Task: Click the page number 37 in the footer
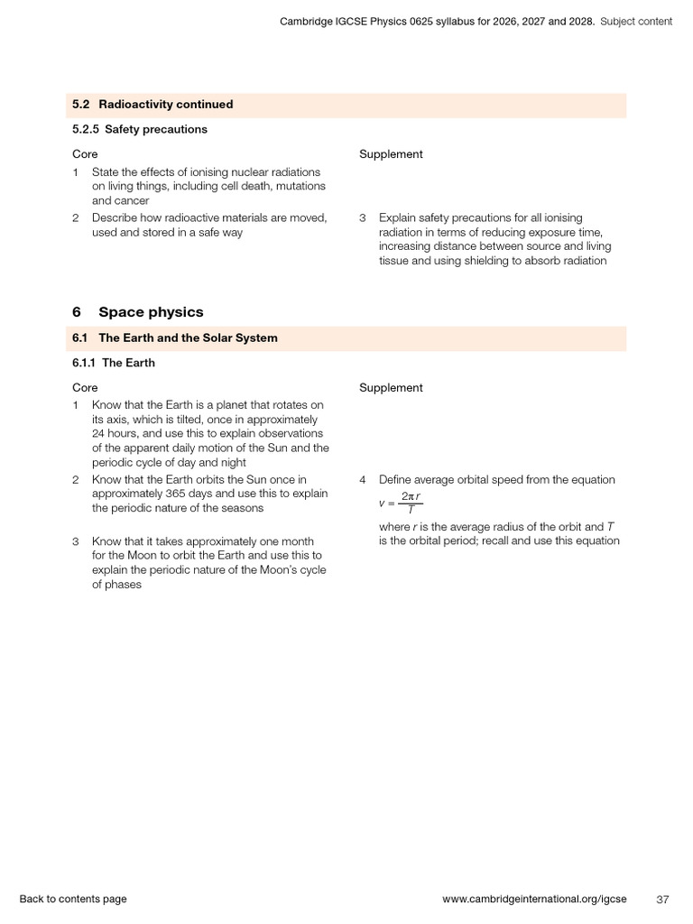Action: (662, 899)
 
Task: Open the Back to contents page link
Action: (73, 899)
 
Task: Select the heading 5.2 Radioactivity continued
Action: (152, 105)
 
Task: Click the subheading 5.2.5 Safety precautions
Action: (140, 129)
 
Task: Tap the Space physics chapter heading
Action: (150, 312)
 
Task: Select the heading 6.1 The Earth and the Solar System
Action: (175, 338)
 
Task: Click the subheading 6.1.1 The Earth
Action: (114, 363)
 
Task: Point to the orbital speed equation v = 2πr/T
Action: (401, 503)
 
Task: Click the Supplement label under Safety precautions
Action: (391, 154)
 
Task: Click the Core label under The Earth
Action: (85, 388)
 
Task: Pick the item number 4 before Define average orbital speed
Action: (363, 480)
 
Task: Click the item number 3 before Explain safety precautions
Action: (363, 217)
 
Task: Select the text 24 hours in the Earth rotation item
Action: (115, 434)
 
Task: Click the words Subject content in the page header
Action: (636, 22)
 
